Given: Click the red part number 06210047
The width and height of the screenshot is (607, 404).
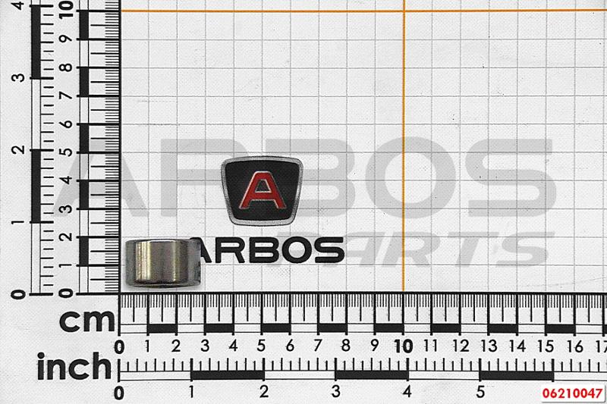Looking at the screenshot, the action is point(572,393).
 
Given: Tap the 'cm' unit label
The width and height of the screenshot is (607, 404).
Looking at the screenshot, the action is point(87,321).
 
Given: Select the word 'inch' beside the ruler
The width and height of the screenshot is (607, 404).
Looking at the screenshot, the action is point(74,366).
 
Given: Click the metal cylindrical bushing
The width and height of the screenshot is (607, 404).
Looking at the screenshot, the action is point(163,264).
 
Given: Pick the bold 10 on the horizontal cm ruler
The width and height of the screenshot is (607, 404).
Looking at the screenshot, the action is point(404,346).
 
